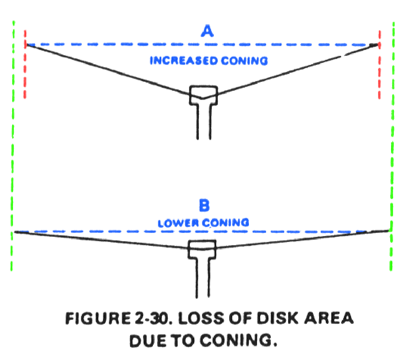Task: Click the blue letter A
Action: click(207, 31)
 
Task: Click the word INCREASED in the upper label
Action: click(183, 61)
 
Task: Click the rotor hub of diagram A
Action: click(203, 96)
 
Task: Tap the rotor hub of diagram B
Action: click(201, 248)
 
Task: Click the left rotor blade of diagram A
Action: click(106, 70)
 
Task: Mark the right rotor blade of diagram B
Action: click(303, 240)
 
